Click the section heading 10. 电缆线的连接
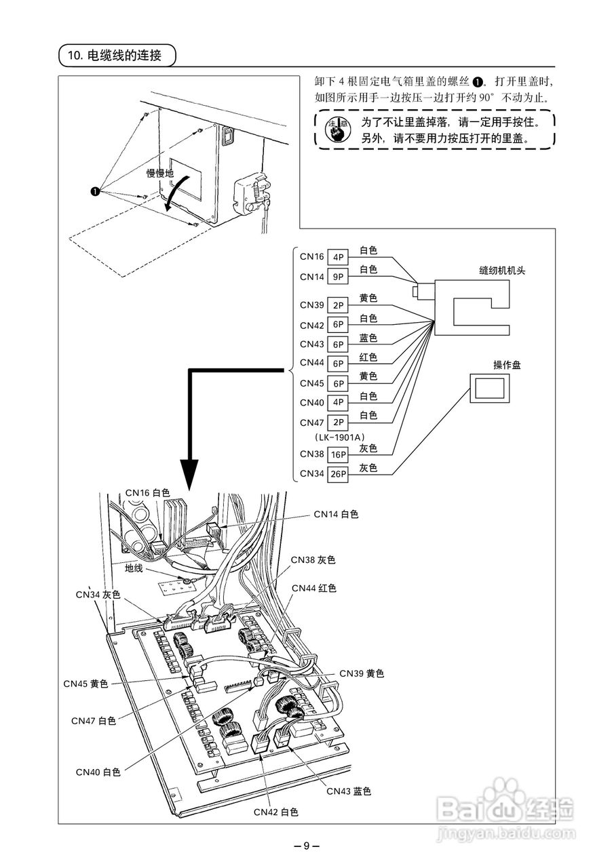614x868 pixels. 117,55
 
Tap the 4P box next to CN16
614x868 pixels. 337,257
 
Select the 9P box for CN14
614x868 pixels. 337,277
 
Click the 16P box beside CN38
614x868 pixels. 337,454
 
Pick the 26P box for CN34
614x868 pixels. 337,474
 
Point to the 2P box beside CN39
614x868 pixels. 337,305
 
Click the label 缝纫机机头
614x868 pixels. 502,269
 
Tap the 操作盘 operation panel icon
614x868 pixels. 488,389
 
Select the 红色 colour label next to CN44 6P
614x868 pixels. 368,357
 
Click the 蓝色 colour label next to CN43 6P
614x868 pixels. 368,337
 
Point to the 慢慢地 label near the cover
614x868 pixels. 160,174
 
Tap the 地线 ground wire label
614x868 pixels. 134,568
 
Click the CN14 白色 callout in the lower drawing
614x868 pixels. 336,515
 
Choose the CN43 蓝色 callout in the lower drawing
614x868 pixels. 349,791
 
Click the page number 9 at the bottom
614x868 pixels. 307,846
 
